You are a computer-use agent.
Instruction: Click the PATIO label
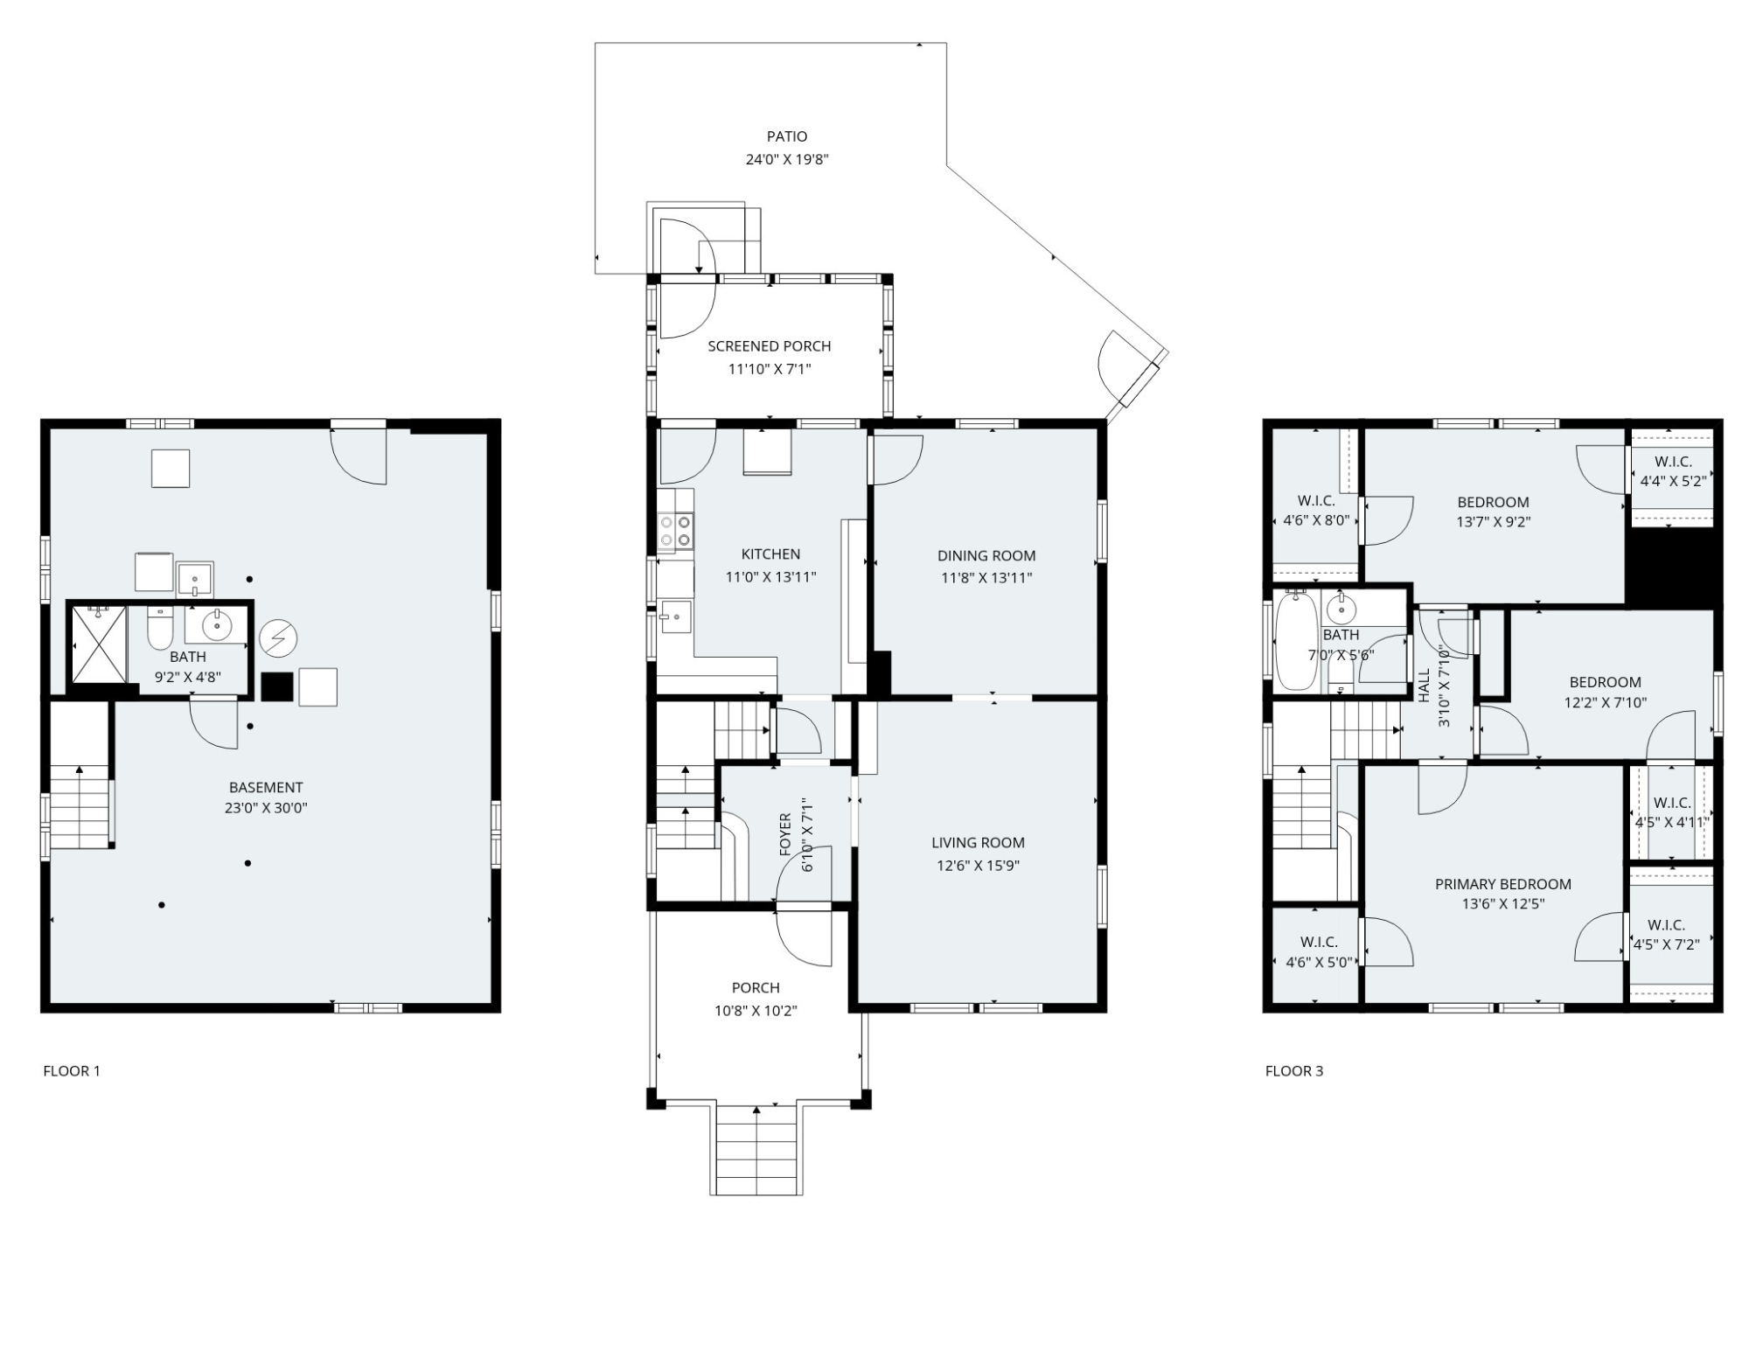pyautogui.click(x=787, y=136)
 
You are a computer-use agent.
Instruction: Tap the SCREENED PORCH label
pyautogui.click(x=770, y=346)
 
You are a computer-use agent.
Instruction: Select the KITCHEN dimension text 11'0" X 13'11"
pyautogui.click(x=770, y=577)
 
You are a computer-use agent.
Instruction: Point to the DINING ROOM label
pyautogui.click(x=986, y=555)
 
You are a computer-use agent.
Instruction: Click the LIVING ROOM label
pyautogui.click(x=978, y=843)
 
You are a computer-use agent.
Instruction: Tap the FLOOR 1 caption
pyautogui.click(x=72, y=1071)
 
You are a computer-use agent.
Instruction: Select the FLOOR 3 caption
pyautogui.click(x=1294, y=1071)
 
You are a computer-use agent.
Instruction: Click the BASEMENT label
pyautogui.click(x=266, y=788)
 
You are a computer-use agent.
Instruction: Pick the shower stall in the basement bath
pyautogui.click(x=99, y=644)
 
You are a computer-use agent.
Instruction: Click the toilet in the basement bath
pyautogui.click(x=160, y=626)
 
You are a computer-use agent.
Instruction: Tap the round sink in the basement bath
pyautogui.click(x=216, y=624)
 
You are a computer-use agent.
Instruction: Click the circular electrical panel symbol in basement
pyautogui.click(x=278, y=638)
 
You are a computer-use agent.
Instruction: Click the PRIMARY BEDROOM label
pyautogui.click(x=1503, y=884)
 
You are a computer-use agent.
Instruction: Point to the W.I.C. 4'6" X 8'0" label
pyautogui.click(x=1316, y=511)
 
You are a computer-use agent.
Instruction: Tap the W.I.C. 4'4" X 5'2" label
pyautogui.click(x=1673, y=471)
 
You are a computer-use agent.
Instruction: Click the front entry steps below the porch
pyautogui.click(x=756, y=1149)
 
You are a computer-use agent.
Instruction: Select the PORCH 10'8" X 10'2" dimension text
pyautogui.click(x=756, y=1011)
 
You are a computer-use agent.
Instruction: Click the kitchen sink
pyautogui.click(x=675, y=616)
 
